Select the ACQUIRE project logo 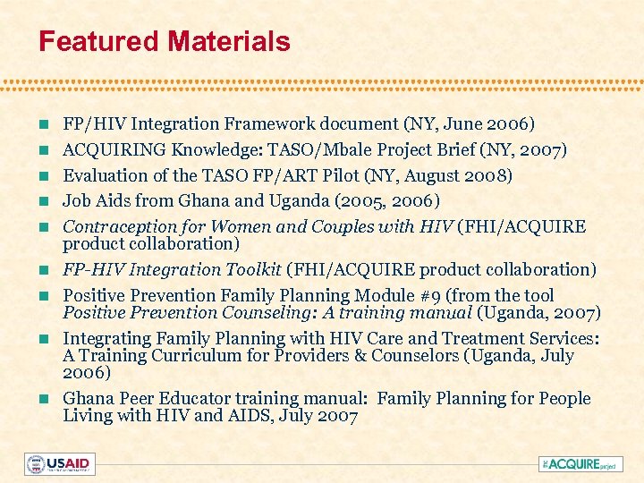point(578,463)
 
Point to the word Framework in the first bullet point(250,124)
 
